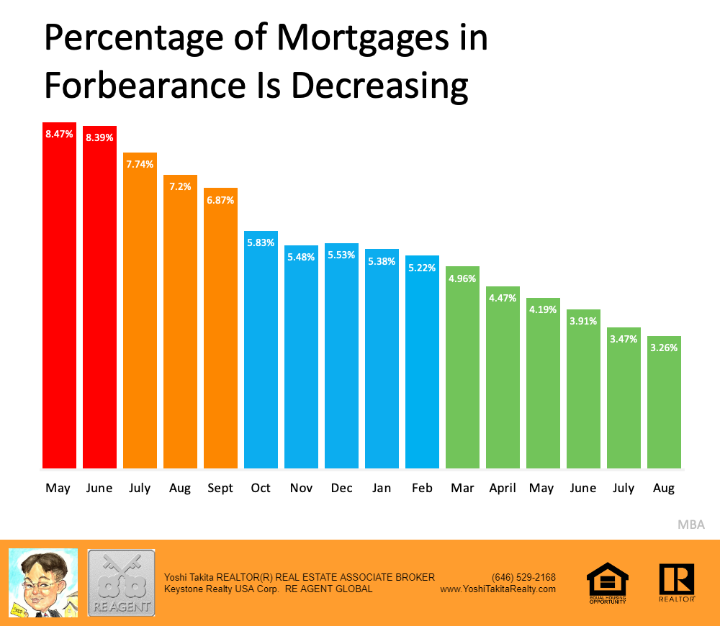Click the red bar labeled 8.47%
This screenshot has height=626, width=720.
coord(59,302)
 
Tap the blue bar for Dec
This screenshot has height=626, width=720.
coord(341,360)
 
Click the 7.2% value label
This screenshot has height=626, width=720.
coord(180,186)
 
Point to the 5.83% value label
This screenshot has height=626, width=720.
coord(261,243)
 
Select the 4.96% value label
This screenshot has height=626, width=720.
coord(462,278)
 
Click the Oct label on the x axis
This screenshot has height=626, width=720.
coord(261,488)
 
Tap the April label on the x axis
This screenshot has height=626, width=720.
coord(503,488)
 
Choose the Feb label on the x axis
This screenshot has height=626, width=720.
coord(422,488)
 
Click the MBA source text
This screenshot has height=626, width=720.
coord(690,525)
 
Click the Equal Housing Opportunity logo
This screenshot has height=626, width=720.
coord(607,581)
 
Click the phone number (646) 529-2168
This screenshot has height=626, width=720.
coord(523,577)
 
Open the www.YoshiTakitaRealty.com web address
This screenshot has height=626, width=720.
coord(498,589)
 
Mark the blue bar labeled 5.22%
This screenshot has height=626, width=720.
coord(422,367)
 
